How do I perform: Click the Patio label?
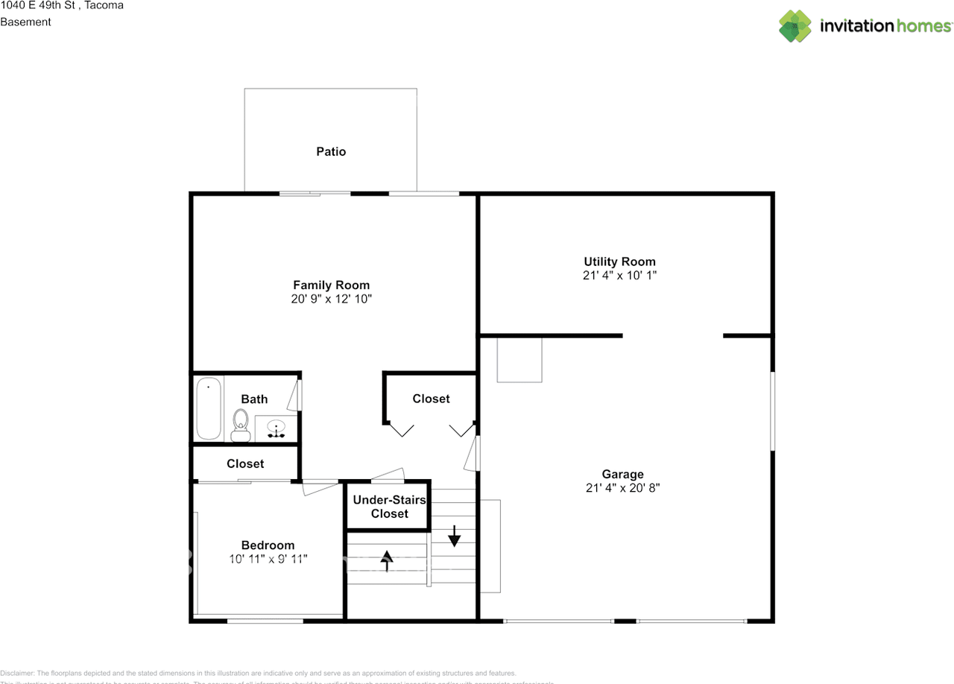(x=331, y=152)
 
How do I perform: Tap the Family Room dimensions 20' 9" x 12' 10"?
(x=331, y=300)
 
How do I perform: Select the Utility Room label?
(x=619, y=262)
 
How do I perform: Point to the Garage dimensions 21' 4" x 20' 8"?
(x=623, y=489)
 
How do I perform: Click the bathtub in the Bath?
(x=209, y=408)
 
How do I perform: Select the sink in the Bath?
(x=277, y=430)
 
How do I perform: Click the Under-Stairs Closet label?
(x=389, y=507)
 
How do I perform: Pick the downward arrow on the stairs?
(x=453, y=535)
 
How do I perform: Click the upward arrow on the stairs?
(x=387, y=560)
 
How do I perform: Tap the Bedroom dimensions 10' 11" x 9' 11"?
(x=268, y=559)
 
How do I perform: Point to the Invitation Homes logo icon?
(x=795, y=26)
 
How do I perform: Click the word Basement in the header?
(x=25, y=22)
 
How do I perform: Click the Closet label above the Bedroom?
(x=245, y=463)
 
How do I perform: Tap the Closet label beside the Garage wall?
(x=431, y=399)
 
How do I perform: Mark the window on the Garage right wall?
(x=772, y=411)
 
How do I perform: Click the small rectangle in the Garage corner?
(x=519, y=360)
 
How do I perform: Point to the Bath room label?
(x=254, y=399)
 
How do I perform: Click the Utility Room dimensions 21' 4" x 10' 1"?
(x=619, y=276)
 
